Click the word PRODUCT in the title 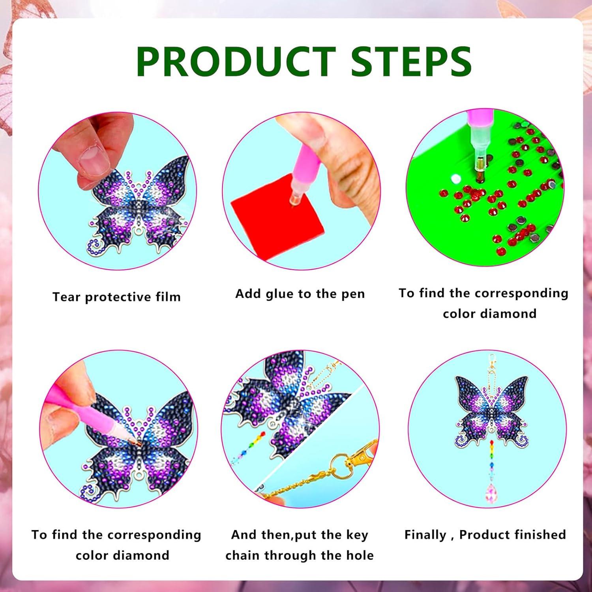point(236,62)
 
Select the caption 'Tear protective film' point(117,297)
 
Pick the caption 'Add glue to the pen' point(300,294)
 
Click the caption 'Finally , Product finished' point(485,535)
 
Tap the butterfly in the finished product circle point(491,410)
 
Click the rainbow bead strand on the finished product point(492,460)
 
